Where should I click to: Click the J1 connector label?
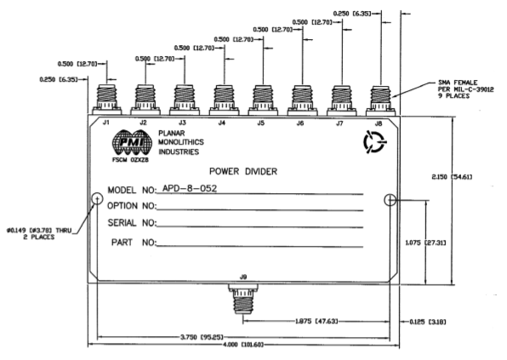[x=106, y=123]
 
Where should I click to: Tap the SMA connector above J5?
[x=263, y=100]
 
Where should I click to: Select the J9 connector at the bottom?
[x=243, y=299]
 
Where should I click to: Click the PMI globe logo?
[x=132, y=142]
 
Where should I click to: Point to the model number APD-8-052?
[x=190, y=188]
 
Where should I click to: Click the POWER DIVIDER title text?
[x=243, y=171]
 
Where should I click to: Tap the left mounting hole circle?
[x=97, y=198]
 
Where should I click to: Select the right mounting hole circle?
[x=390, y=200]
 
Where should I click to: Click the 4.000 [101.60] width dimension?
[x=243, y=345]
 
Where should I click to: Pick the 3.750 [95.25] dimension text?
[x=202, y=337]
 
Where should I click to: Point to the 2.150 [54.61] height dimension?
[x=452, y=177]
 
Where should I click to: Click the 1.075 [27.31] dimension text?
[x=425, y=243]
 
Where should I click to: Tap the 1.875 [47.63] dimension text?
[x=316, y=321]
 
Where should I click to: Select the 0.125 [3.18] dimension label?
[x=428, y=322]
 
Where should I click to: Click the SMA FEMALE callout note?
[x=466, y=89]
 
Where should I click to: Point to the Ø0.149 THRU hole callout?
[x=39, y=233]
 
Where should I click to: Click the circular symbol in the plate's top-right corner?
[x=374, y=142]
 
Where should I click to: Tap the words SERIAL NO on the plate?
[x=132, y=223]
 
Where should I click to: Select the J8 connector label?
[x=379, y=123]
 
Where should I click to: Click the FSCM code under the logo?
[x=130, y=160]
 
